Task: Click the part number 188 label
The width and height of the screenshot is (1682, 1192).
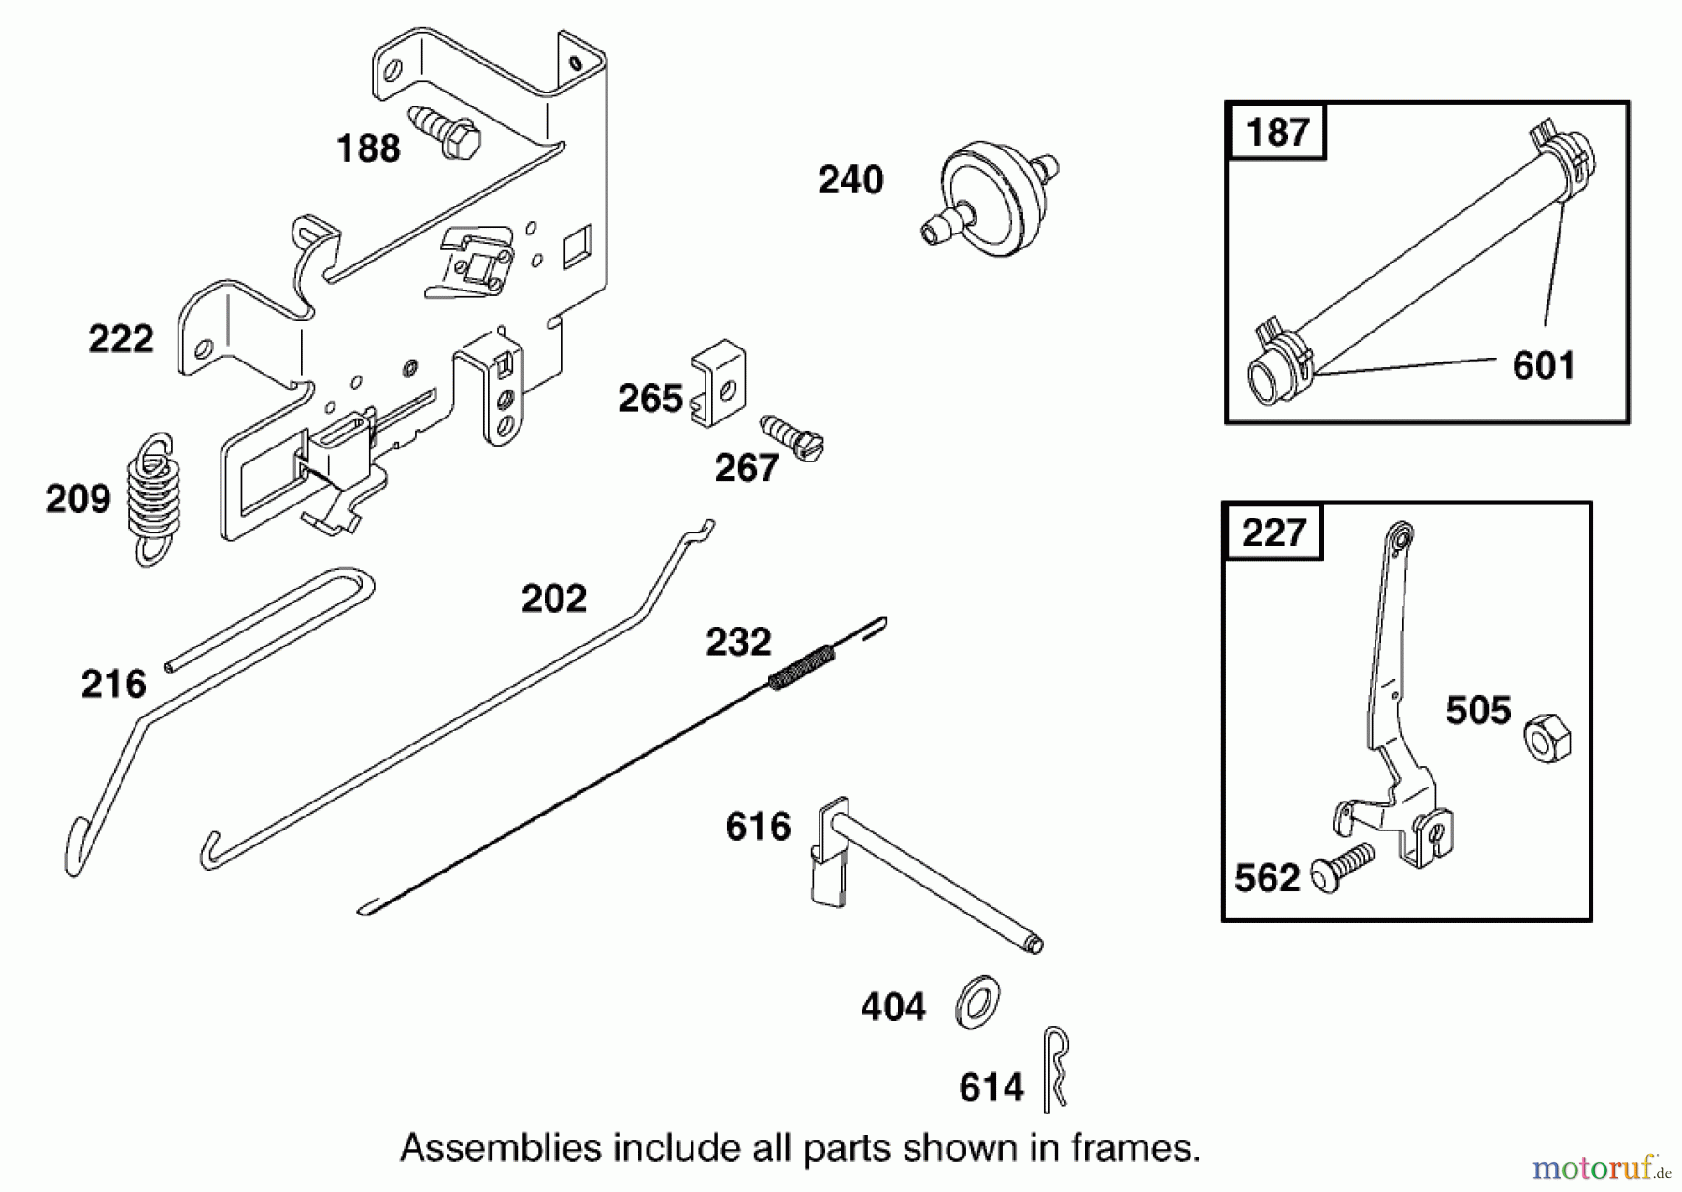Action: pos(368,149)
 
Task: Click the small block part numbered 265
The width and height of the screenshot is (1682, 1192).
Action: pos(719,384)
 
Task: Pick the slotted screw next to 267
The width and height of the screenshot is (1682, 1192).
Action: pos(792,438)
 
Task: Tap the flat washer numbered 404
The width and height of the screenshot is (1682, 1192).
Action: pos(977,1002)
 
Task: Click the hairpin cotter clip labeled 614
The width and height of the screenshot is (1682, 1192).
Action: pos(1055,1067)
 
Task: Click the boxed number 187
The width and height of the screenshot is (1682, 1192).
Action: pos(1276,132)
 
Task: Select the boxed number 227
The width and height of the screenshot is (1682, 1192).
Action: pos(1273,532)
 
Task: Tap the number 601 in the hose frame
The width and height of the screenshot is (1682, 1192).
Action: pos(1544,365)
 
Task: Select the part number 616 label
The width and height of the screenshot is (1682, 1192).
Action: pos(758,827)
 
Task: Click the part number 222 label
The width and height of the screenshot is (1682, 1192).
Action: pos(121,339)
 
